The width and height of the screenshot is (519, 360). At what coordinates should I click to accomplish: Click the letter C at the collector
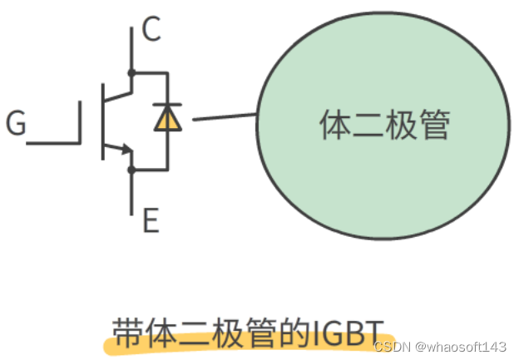pos(151,30)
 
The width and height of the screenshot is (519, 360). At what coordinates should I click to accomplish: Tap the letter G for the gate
pos(16,125)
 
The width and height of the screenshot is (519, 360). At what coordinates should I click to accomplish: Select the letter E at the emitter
pos(151,221)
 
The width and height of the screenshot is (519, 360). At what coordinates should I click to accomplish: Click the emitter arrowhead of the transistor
pos(126,150)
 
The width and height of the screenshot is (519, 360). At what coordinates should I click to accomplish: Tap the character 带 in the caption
pos(126,329)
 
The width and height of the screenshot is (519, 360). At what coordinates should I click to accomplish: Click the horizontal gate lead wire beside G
pos(52,143)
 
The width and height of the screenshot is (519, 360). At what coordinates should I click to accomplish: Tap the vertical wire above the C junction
pos(131,47)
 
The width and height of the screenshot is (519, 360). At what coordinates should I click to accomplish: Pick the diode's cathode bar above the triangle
pos(168,106)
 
